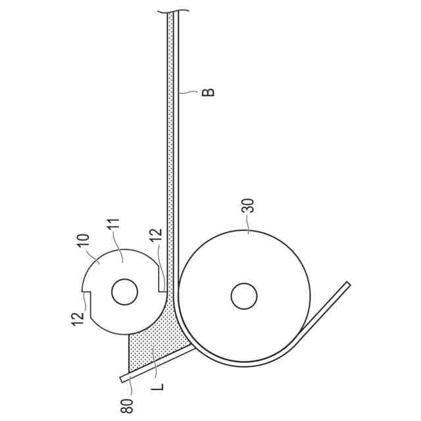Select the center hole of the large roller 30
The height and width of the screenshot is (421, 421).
(x=243, y=296)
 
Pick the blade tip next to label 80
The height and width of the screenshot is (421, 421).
(x=123, y=380)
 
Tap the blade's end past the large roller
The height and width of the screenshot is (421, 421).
(x=347, y=284)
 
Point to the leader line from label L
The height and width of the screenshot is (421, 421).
(x=155, y=368)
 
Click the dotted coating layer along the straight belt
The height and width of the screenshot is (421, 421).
(x=172, y=132)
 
